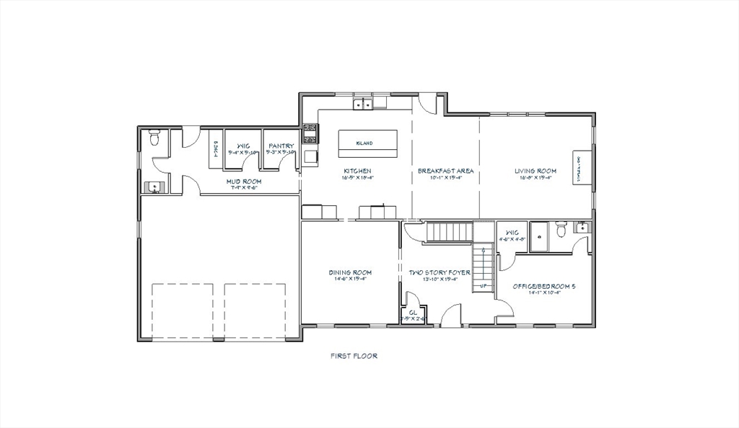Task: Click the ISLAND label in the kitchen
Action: tap(364, 143)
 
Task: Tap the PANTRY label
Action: tap(281, 145)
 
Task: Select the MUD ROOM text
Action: tap(244, 181)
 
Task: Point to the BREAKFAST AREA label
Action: tap(445, 171)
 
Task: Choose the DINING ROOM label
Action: tap(350, 272)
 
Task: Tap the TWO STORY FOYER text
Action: tap(439, 272)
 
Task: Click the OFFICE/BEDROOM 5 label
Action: tap(544, 286)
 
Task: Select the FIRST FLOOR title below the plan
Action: tap(354, 355)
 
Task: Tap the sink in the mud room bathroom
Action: tap(153, 187)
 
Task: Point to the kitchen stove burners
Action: tap(310, 133)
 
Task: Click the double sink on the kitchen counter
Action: tap(362, 104)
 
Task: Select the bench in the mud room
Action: tap(215, 148)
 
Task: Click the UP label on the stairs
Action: tap(483, 287)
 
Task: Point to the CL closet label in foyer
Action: tap(412, 313)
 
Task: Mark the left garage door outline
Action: tap(183, 310)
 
